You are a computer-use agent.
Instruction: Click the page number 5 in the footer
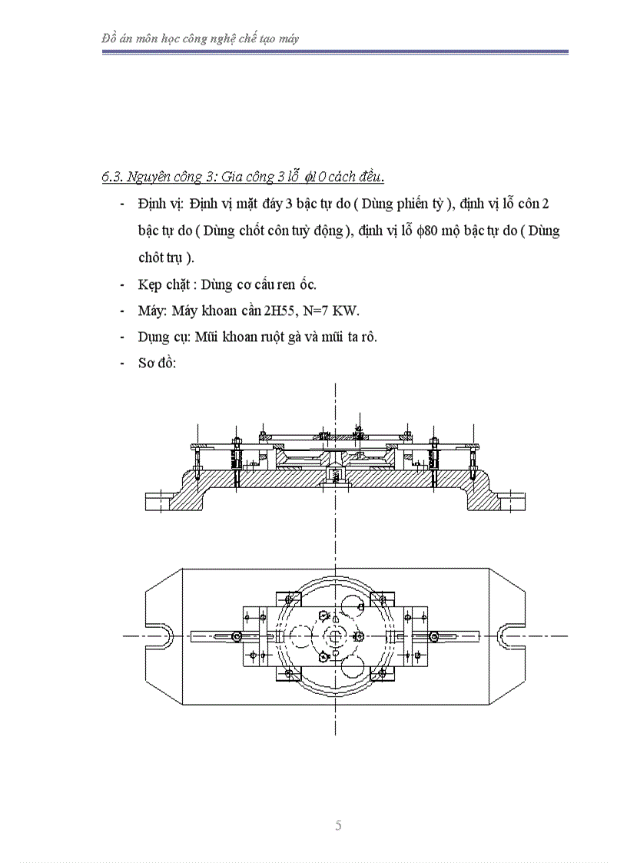click(x=338, y=826)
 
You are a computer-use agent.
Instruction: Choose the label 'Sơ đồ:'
click(x=158, y=363)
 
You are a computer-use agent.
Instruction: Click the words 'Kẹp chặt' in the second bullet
click(x=161, y=284)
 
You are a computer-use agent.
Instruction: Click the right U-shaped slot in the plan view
click(x=508, y=636)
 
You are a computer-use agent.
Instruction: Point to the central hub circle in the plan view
click(x=337, y=636)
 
